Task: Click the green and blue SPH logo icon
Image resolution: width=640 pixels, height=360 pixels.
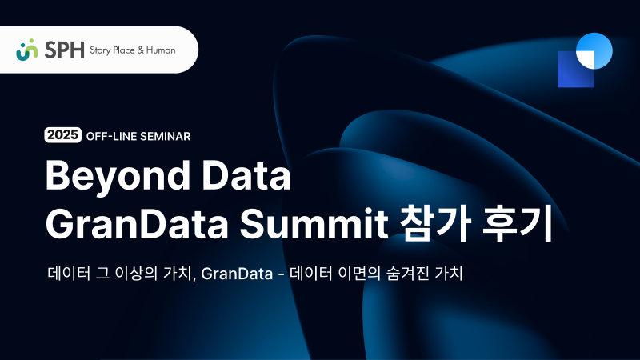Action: [x=27, y=49]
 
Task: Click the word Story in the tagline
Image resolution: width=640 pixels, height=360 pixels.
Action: [x=102, y=50]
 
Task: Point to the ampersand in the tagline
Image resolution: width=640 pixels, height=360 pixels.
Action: [x=141, y=50]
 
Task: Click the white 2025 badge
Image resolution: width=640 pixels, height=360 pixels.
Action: [x=63, y=135]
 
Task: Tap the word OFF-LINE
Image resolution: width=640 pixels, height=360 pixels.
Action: [x=111, y=136]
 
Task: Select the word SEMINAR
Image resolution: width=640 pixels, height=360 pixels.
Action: [x=165, y=136]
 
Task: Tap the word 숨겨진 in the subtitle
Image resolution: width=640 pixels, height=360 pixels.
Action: [x=401, y=274]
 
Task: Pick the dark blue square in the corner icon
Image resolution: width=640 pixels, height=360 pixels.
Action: [x=572, y=72]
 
